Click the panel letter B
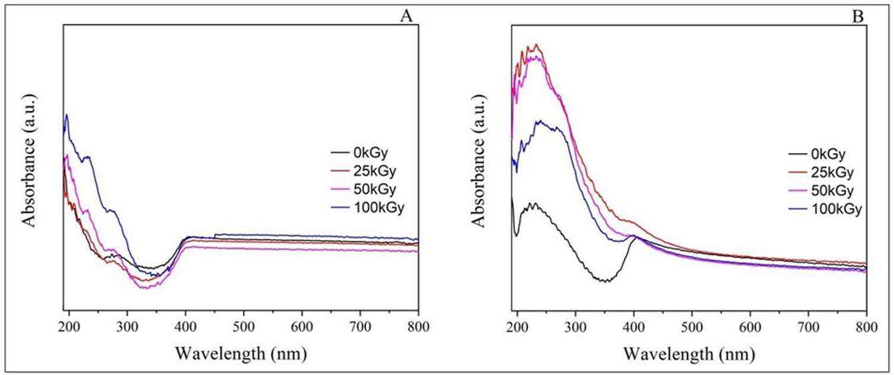coord(857,17)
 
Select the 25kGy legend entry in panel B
coord(825,173)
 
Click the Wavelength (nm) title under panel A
coord(240,354)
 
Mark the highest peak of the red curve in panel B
coord(536,45)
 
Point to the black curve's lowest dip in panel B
coord(606,281)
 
